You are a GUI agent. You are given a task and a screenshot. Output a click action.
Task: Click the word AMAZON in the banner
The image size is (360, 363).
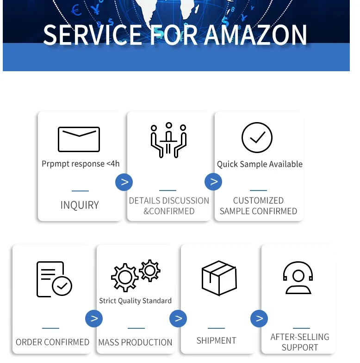[x=255, y=35]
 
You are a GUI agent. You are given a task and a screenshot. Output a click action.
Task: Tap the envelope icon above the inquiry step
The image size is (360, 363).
[x=79, y=139]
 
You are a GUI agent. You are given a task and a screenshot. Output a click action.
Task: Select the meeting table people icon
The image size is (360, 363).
[x=168, y=140]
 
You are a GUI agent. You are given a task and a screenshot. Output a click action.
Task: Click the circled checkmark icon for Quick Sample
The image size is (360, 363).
[x=257, y=137]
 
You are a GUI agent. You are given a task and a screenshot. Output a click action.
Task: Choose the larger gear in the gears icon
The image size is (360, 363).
[x=124, y=277]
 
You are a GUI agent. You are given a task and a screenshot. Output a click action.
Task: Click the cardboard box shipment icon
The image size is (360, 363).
[x=219, y=277]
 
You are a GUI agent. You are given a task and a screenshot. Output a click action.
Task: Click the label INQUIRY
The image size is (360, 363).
[x=80, y=205]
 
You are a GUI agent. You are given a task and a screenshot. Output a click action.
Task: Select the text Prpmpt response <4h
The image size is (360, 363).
[x=81, y=164]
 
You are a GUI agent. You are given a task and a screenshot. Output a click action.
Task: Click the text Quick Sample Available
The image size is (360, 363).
[x=260, y=164]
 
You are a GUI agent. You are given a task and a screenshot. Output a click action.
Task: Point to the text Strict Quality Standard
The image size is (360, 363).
[x=135, y=301]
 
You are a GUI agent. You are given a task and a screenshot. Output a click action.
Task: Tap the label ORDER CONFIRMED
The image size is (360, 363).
[x=52, y=342]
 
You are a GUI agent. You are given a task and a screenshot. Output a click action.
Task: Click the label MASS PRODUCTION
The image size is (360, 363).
[x=135, y=343]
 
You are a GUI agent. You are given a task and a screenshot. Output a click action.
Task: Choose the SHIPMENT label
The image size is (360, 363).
[x=216, y=340]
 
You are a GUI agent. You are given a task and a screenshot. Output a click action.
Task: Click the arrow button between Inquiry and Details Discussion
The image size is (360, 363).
[x=124, y=182]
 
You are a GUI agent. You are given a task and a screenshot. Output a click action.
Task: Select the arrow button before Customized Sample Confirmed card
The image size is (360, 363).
[x=213, y=182]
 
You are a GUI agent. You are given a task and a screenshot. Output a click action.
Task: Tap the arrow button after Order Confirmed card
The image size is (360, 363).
[x=94, y=318]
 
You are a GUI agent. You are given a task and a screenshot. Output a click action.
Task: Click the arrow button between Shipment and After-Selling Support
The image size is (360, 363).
[x=259, y=318]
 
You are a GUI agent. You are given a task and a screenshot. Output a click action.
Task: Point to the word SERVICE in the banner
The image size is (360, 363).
[x=93, y=35]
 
